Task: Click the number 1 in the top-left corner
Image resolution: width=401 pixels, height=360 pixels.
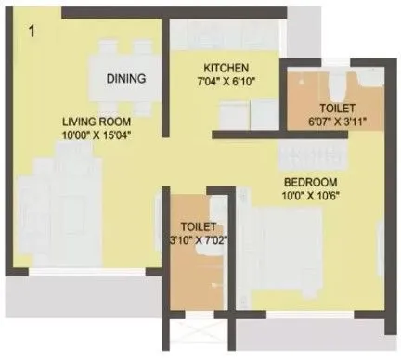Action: [32, 32]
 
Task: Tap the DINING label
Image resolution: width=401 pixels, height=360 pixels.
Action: [125, 78]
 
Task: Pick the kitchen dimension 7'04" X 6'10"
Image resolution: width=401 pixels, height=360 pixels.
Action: [226, 82]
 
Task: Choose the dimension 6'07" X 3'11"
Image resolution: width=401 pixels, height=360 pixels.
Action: [329, 121]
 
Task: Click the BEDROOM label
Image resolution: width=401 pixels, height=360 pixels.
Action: [310, 182]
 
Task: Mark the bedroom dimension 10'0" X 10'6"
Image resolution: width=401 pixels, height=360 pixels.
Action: [310, 196]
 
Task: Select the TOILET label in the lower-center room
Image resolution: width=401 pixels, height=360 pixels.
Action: [198, 226]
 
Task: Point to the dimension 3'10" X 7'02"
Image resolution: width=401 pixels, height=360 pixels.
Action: [198, 240]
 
